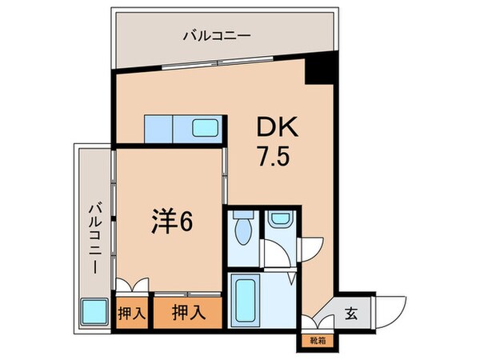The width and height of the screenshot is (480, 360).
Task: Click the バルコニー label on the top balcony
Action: [x=217, y=34]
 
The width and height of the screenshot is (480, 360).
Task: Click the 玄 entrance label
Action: [x=351, y=313]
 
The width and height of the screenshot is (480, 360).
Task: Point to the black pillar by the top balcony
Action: [x=323, y=71]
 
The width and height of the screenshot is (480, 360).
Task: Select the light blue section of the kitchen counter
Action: [x=158, y=128]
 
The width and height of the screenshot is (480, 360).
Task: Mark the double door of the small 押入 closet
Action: [x=131, y=286]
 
